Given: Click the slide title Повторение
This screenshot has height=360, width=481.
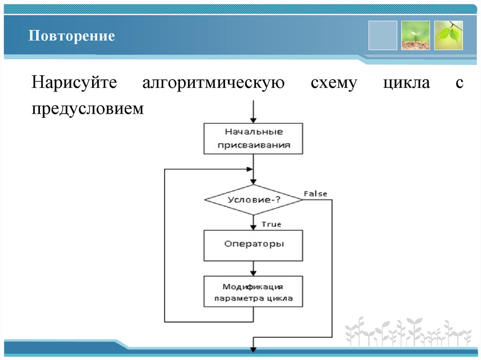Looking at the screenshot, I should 71,36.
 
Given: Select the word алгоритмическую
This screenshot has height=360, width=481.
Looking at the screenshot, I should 214,84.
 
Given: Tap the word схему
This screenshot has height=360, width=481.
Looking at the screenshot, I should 334,84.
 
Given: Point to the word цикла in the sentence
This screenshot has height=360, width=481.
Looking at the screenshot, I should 406,84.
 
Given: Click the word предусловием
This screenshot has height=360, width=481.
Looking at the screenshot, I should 87,108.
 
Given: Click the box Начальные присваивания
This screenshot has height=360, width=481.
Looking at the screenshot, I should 253,138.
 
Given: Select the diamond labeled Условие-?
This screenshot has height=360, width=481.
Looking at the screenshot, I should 253,199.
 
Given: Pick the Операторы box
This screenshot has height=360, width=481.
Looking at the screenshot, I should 253,245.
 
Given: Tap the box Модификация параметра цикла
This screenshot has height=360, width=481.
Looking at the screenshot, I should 253,291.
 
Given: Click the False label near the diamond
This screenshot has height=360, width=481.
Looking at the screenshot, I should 315,193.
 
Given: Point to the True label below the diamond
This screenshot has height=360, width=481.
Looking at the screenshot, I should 271,224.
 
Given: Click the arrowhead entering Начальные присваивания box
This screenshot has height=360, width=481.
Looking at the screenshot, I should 253,119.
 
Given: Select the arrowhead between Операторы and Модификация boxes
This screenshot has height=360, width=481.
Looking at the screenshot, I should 253,272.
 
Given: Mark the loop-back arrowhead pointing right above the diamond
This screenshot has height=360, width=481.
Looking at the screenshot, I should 249,169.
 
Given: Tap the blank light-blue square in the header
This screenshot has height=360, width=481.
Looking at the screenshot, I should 382,35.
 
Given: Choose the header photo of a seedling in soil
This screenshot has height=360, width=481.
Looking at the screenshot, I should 415,35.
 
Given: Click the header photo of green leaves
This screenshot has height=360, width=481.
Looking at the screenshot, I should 448,35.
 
